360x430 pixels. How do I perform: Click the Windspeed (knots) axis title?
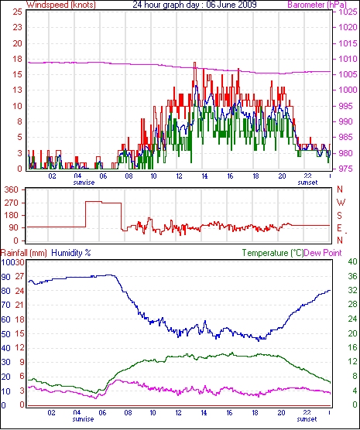(61, 5)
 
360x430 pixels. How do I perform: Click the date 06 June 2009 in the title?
(230, 5)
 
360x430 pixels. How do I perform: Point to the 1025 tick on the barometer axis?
(348, 12)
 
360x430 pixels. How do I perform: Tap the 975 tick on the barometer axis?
(347, 169)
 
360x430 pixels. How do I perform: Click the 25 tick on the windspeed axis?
(17, 12)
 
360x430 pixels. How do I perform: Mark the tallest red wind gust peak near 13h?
(194, 63)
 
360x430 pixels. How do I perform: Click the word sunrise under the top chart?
(84, 183)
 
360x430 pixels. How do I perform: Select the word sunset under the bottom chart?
(307, 419)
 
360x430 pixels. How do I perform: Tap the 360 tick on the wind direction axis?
(12, 189)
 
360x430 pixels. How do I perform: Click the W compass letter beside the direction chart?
(341, 203)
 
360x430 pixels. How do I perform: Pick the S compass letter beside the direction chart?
(340, 216)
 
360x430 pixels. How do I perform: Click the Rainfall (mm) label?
(24, 253)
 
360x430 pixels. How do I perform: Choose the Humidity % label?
(71, 253)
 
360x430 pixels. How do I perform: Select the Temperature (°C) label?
(273, 253)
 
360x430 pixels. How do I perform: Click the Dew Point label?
(323, 253)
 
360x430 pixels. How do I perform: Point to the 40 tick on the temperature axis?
(352, 261)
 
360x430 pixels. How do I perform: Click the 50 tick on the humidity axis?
(5, 334)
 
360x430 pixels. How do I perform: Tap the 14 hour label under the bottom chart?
(204, 412)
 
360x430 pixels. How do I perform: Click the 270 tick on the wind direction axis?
(12, 203)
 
